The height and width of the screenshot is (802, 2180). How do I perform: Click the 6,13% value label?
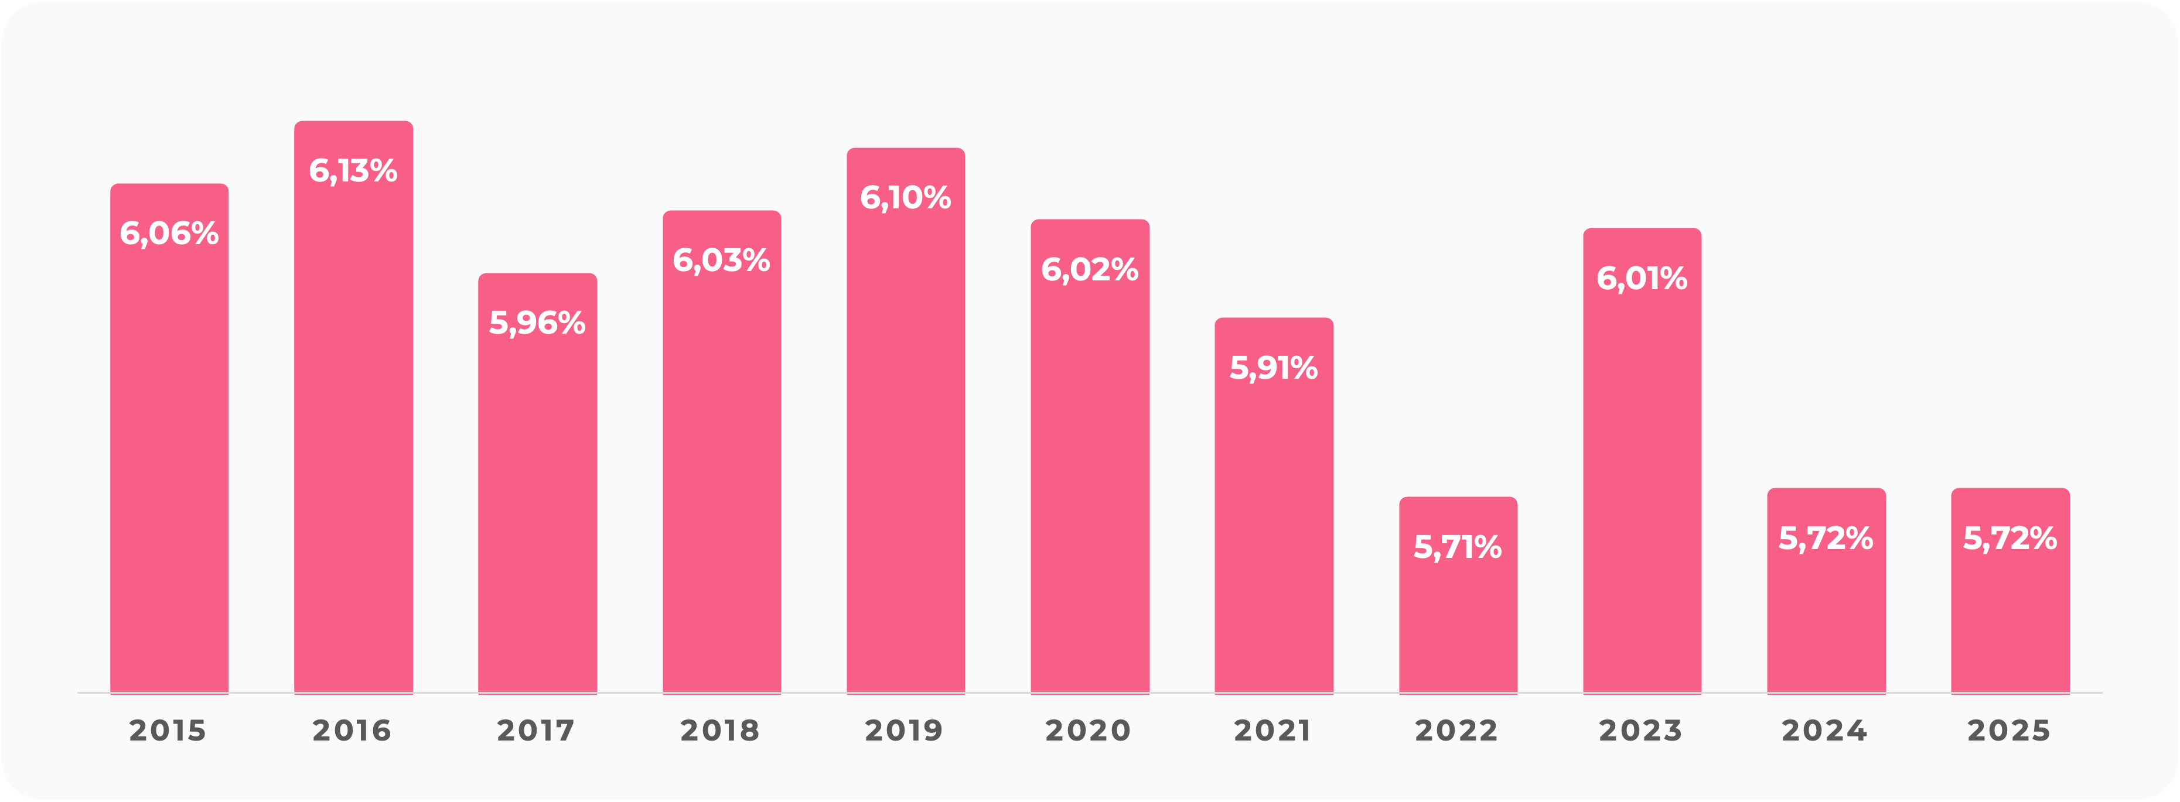pyautogui.click(x=353, y=171)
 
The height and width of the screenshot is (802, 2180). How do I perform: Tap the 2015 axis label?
pyautogui.click(x=168, y=730)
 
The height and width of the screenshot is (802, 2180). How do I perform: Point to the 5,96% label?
pyautogui.click(x=537, y=323)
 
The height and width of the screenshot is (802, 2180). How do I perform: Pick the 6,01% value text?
pyautogui.click(x=1642, y=278)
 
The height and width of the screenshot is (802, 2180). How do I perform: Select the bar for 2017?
pyautogui.click(x=537, y=508)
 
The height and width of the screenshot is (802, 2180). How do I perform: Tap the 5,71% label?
pyautogui.click(x=1457, y=547)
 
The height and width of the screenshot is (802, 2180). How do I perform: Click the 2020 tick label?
pyautogui.click(x=1089, y=730)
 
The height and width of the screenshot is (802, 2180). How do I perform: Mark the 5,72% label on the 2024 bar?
pyautogui.click(x=1826, y=538)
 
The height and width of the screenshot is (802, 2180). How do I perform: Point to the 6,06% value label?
pyautogui.click(x=169, y=234)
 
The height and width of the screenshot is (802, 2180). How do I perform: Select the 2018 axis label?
pyautogui.click(x=720, y=730)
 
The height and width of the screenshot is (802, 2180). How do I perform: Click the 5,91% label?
pyautogui.click(x=1274, y=368)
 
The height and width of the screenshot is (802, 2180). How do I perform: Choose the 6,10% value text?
pyautogui.click(x=906, y=198)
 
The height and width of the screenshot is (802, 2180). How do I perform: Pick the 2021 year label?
pyautogui.click(x=1272, y=730)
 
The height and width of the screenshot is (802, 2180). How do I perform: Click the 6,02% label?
pyautogui.click(x=1089, y=270)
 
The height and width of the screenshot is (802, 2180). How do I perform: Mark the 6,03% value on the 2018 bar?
pyautogui.click(x=721, y=261)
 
